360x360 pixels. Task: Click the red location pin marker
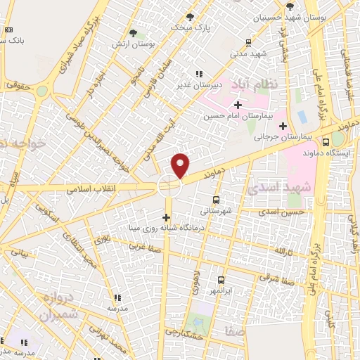tap(181, 165)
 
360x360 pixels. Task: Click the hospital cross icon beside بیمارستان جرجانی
tap(283, 127)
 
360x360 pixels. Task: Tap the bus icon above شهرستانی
tap(215, 200)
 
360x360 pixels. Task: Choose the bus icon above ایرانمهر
tap(221, 280)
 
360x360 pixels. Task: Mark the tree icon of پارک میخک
tap(190, 17)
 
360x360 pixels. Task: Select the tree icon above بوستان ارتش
tap(134, 32)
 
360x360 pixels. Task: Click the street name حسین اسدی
tap(281, 211)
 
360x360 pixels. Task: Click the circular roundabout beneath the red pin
tap(169, 186)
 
